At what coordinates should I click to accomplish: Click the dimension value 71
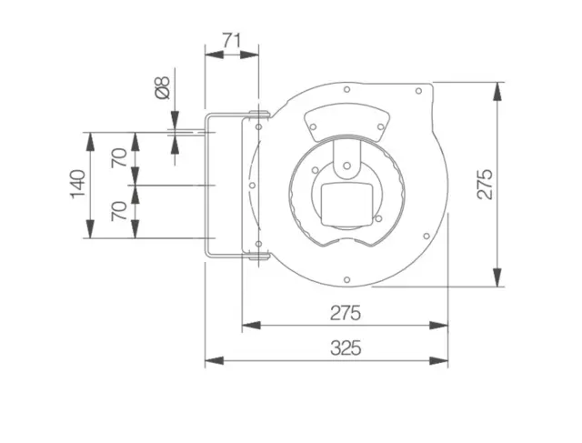pyautogui.click(x=232, y=40)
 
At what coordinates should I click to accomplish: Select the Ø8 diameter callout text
pyautogui.click(x=162, y=87)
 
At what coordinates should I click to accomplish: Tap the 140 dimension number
pyautogui.click(x=78, y=184)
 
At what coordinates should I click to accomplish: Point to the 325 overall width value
pyautogui.click(x=346, y=348)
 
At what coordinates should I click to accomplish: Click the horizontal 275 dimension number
pyautogui.click(x=346, y=313)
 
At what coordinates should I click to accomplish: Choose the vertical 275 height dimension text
pyautogui.click(x=485, y=184)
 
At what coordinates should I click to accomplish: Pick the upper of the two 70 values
pyautogui.click(x=119, y=157)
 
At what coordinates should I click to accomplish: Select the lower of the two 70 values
pyautogui.click(x=119, y=211)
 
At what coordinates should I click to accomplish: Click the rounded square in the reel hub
pyautogui.click(x=346, y=205)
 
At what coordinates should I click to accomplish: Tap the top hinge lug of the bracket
pyautogui.click(x=258, y=113)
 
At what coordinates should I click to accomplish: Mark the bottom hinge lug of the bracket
pyautogui.click(x=258, y=256)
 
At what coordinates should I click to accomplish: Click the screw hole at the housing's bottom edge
pyautogui.click(x=347, y=279)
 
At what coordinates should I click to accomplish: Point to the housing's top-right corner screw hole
pyautogui.click(x=418, y=91)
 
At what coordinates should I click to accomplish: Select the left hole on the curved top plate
pyautogui.click(x=313, y=127)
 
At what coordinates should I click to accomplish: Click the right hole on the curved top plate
pyautogui.click(x=380, y=127)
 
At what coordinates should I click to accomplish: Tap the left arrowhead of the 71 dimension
pyautogui.click(x=215, y=55)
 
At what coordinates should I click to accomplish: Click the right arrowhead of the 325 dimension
pyautogui.click(x=438, y=360)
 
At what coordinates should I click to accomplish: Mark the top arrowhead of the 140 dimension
pyautogui.click(x=90, y=142)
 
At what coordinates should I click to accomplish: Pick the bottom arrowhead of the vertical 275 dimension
pyautogui.click(x=497, y=277)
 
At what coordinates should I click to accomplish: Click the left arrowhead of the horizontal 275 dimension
pyautogui.click(x=251, y=326)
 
